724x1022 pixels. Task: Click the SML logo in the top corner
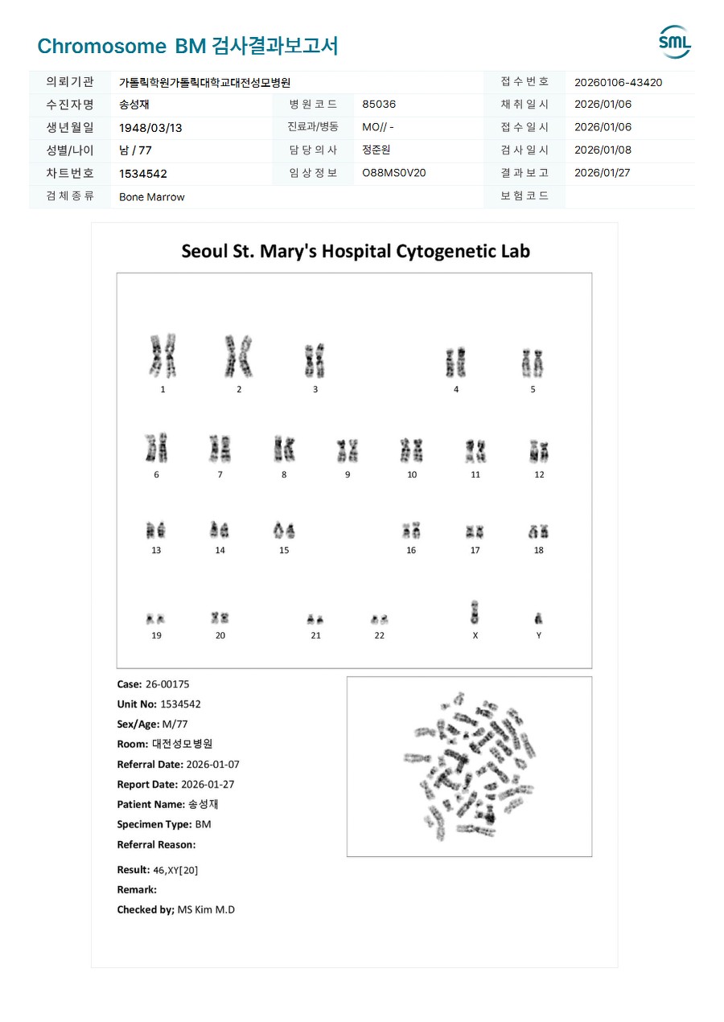674,42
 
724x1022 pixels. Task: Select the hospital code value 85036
379,105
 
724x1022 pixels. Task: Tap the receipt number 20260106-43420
618,82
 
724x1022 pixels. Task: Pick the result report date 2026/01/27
603,173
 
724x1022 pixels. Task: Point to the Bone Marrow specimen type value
152,197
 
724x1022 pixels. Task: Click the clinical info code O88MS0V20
394,173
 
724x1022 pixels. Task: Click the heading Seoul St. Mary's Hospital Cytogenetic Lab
356,251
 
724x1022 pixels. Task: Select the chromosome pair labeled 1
162,357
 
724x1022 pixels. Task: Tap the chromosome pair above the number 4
456,363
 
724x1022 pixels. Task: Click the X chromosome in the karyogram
475,612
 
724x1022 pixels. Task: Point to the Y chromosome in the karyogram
538,618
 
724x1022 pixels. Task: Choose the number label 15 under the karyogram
284,551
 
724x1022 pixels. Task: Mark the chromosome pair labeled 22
380,619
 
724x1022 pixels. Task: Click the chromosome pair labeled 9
348,451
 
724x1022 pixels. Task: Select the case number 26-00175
167,684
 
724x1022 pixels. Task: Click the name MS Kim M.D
206,909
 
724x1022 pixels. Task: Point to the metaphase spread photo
469,765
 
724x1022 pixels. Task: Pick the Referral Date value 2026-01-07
212,765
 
